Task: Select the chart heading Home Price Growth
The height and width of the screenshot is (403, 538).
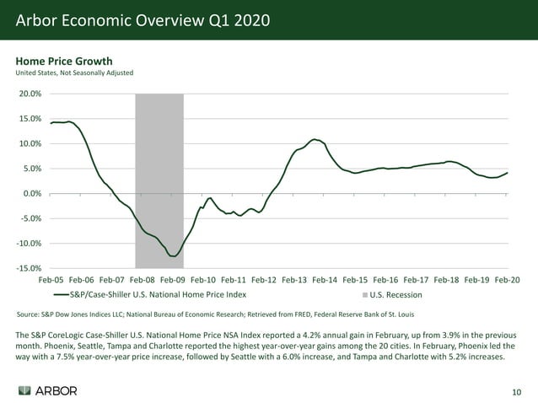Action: (64, 61)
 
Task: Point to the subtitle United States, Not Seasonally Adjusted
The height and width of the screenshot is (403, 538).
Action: (74, 73)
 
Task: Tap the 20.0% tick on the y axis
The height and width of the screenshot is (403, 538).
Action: (30, 94)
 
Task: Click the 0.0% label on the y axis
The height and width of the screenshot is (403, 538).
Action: (32, 194)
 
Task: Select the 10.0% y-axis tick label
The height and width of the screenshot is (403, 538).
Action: (30, 144)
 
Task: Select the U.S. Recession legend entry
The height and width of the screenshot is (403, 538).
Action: (392, 295)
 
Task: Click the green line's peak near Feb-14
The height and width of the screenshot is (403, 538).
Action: (314, 139)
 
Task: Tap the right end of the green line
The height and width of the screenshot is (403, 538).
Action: (507, 172)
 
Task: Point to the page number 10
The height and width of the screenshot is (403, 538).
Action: (517, 392)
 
